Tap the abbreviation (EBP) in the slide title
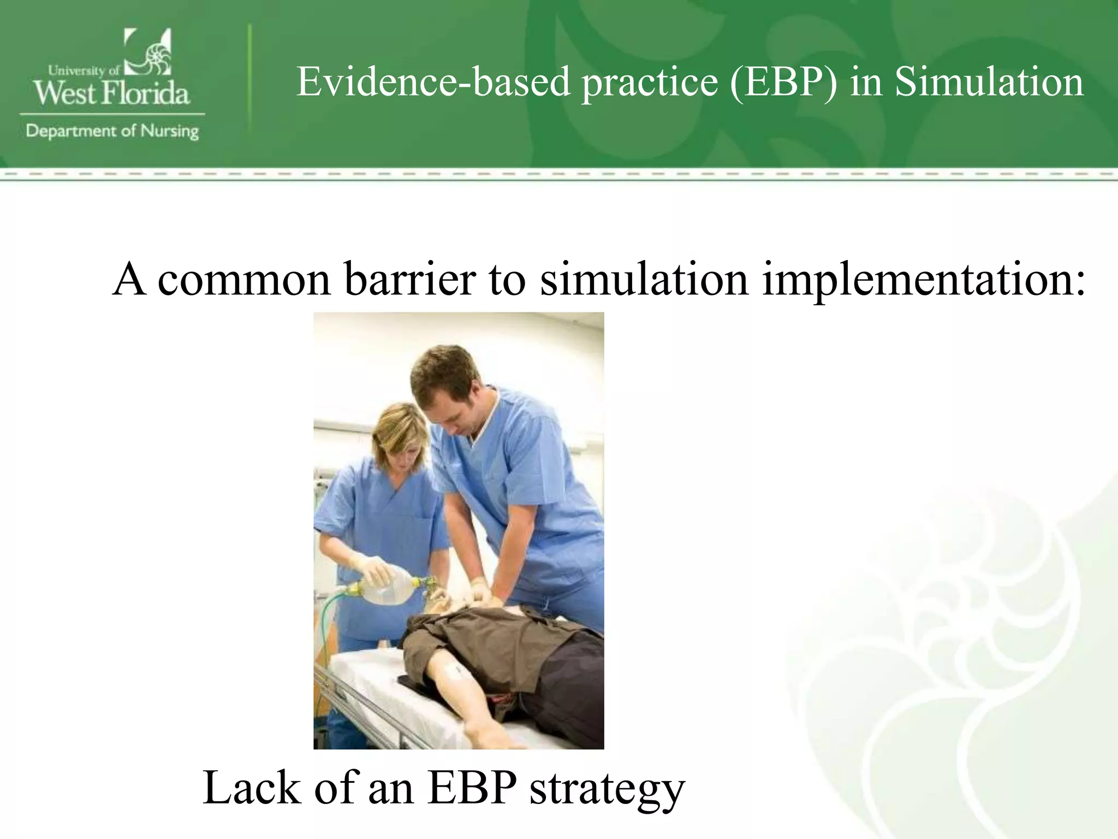tap(783, 82)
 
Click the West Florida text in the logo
tap(111, 93)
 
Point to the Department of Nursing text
tap(112, 132)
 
